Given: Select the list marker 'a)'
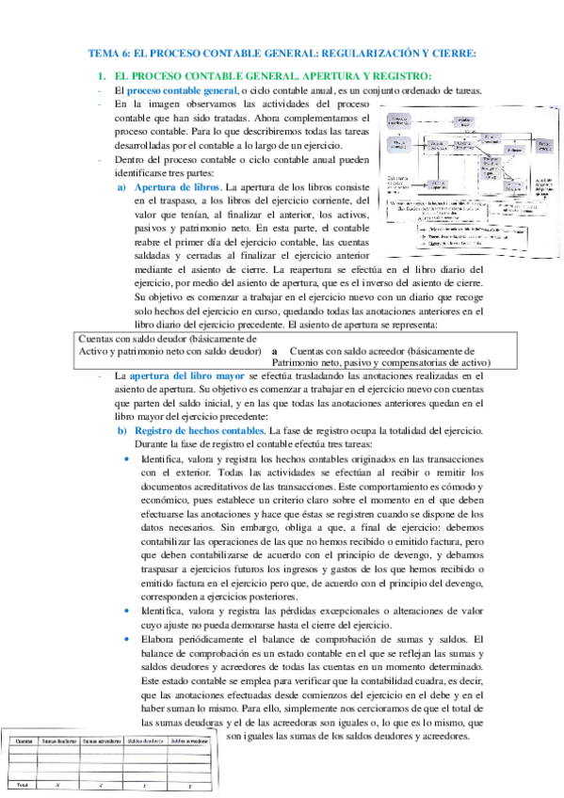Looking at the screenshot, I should coord(121,187).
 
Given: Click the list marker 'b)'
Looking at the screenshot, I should coord(121,430).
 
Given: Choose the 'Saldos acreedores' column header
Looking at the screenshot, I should coord(190,741).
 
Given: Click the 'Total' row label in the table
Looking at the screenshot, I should coord(20,783).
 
